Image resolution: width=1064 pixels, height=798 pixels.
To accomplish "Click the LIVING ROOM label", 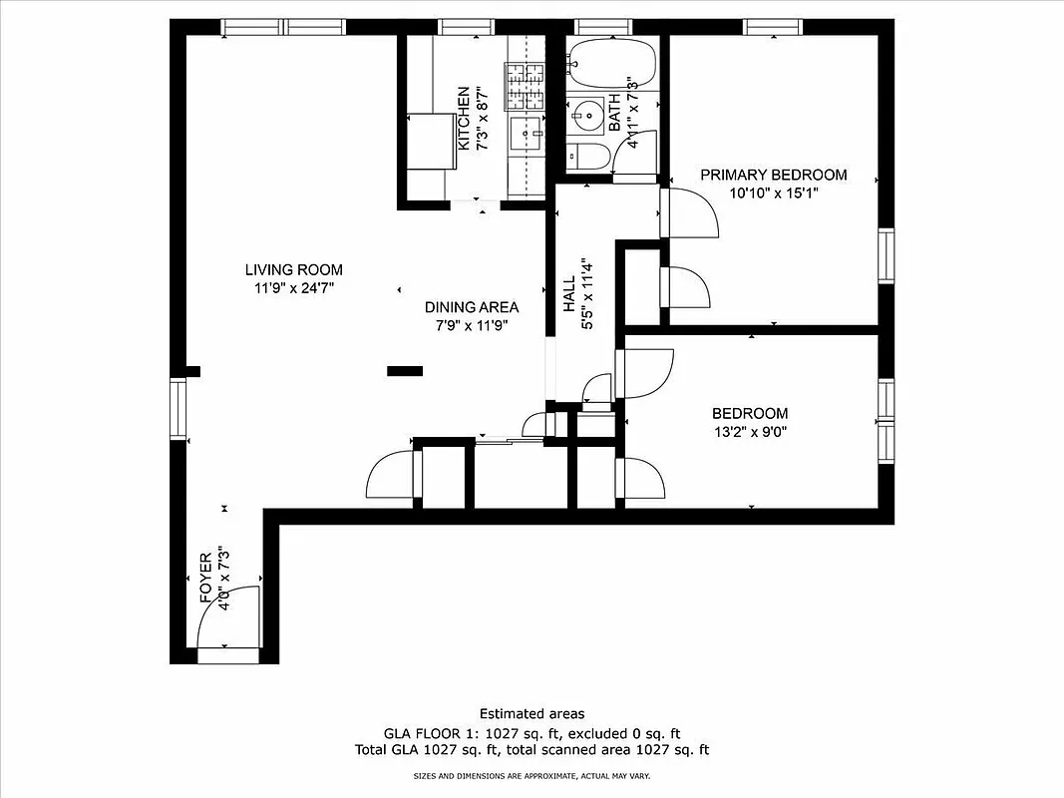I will (293, 269).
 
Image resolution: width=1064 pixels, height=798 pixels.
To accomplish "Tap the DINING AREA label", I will (472, 307).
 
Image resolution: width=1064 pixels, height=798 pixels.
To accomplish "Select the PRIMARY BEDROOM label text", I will (773, 175).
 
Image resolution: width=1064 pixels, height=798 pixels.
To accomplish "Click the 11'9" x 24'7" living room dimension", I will (293, 288).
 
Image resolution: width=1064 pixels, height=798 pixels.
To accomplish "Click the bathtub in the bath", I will (611, 63).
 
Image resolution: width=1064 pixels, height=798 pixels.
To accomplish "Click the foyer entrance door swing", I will (227, 618).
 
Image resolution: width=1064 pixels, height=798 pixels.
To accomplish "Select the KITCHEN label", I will (464, 119).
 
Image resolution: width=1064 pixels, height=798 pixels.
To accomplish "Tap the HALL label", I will (569, 295).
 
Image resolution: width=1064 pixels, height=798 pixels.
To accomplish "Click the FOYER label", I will (206, 579).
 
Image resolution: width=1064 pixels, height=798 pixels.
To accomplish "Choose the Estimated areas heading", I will (532, 713).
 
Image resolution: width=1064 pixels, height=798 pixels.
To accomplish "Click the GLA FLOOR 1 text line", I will (532, 732).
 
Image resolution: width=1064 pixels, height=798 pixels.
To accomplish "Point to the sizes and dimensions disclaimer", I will (532, 775).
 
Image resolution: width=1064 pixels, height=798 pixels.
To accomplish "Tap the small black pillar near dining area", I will (405, 371).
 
